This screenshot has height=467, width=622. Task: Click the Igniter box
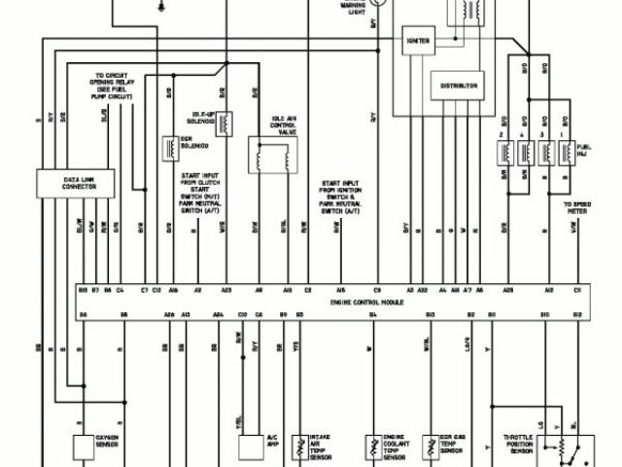tap(421, 40)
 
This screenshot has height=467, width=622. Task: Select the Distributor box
tap(459, 86)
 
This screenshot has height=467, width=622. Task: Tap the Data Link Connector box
tap(66, 183)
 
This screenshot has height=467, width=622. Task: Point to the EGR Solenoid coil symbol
tap(168, 147)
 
